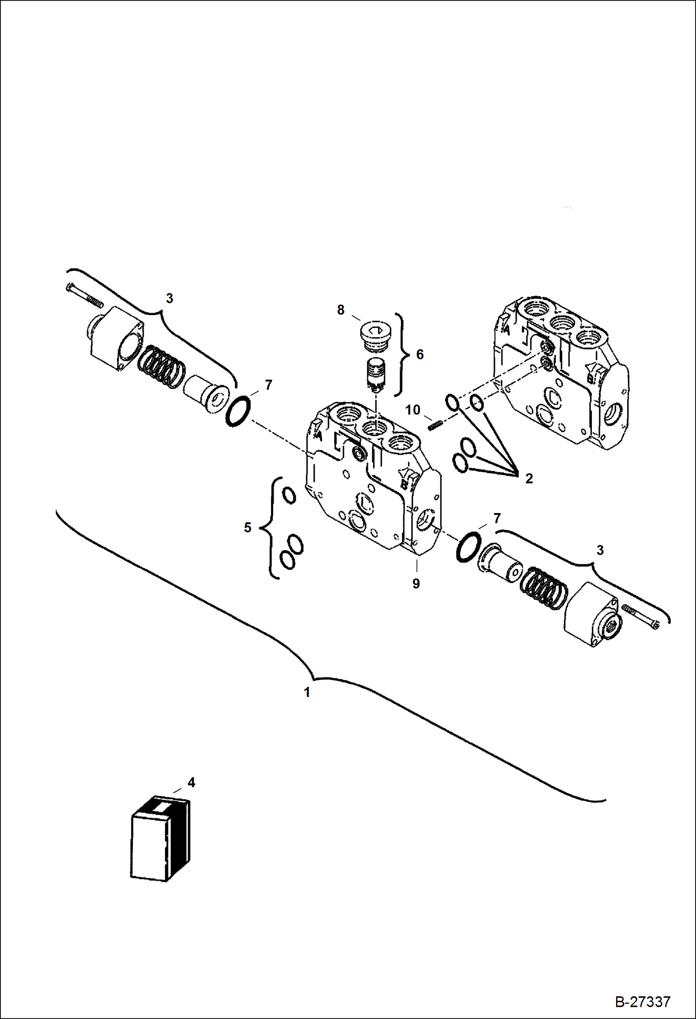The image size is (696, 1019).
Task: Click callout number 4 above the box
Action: [x=191, y=782]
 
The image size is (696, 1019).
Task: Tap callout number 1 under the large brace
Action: [x=307, y=693]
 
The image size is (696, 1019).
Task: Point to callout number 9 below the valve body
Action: [x=416, y=584]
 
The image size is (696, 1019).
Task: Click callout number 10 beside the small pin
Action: [x=413, y=410]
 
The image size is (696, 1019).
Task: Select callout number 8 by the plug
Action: [x=341, y=310]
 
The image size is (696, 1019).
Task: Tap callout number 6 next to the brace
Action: [x=420, y=355]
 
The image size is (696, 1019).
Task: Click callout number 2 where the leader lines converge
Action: [x=529, y=478]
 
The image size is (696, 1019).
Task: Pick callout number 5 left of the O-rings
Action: [x=248, y=527]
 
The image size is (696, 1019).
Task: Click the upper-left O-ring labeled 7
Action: [x=238, y=411]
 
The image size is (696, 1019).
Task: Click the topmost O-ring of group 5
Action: [x=289, y=496]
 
